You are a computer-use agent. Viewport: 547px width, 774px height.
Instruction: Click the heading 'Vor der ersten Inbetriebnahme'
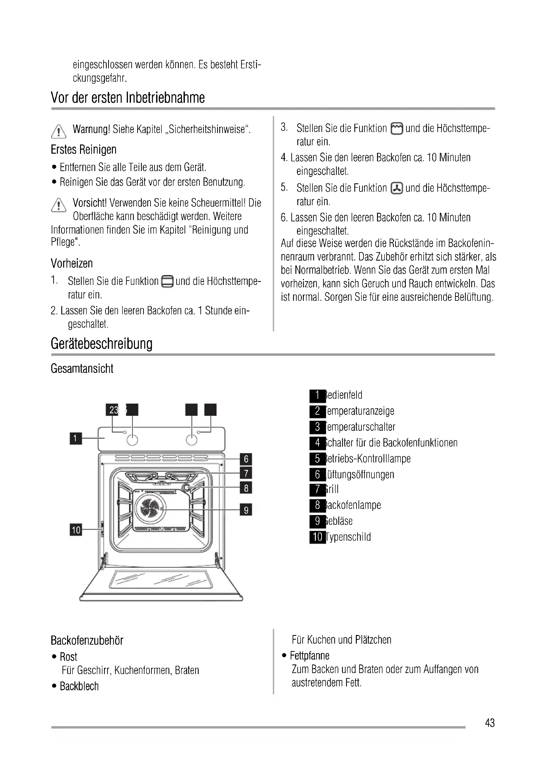click(128, 97)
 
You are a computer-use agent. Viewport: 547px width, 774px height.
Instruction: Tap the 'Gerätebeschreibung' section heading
click(102, 343)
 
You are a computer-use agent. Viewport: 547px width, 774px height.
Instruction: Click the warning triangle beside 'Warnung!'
click(59, 131)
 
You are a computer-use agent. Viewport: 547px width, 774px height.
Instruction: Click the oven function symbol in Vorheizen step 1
click(167, 282)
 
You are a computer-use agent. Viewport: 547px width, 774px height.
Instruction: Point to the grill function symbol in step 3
click(397, 129)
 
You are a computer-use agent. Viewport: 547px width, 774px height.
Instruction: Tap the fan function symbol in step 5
click(397, 188)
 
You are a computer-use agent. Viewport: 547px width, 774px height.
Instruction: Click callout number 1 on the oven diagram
click(75, 438)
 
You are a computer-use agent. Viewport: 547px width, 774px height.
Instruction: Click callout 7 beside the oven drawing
click(246, 473)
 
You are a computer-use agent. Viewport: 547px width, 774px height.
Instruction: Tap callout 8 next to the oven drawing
click(246, 488)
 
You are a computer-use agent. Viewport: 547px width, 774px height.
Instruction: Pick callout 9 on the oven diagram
click(246, 510)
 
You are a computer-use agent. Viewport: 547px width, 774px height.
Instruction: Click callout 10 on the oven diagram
click(76, 530)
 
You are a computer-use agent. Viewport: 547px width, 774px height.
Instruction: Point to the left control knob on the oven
click(132, 439)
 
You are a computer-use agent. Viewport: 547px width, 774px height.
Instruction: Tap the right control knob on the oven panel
click(192, 439)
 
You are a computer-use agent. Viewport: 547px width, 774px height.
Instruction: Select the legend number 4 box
click(317, 443)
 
